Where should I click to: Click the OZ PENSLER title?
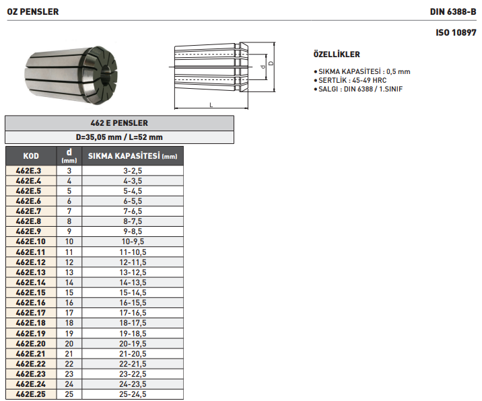(x=32, y=11)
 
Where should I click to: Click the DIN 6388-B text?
(x=454, y=11)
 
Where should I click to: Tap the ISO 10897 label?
(x=456, y=32)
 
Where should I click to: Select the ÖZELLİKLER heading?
(x=337, y=54)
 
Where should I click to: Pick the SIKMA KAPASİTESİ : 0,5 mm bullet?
(x=363, y=71)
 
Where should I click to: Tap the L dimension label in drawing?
(x=211, y=105)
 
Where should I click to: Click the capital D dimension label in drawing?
(x=270, y=63)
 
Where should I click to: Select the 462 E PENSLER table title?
(x=119, y=123)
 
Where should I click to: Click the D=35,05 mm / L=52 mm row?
(x=119, y=137)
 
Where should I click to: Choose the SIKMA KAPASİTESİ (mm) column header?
(x=132, y=156)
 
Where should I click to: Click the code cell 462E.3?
(x=31, y=171)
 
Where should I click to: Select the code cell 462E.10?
(x=31, y=242)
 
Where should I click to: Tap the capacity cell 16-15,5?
(x=132, y=303)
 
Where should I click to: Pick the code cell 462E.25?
(x=31, y=394)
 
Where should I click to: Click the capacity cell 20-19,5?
(x=132, y=343)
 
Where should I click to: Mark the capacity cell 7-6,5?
(x=132, y=211)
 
